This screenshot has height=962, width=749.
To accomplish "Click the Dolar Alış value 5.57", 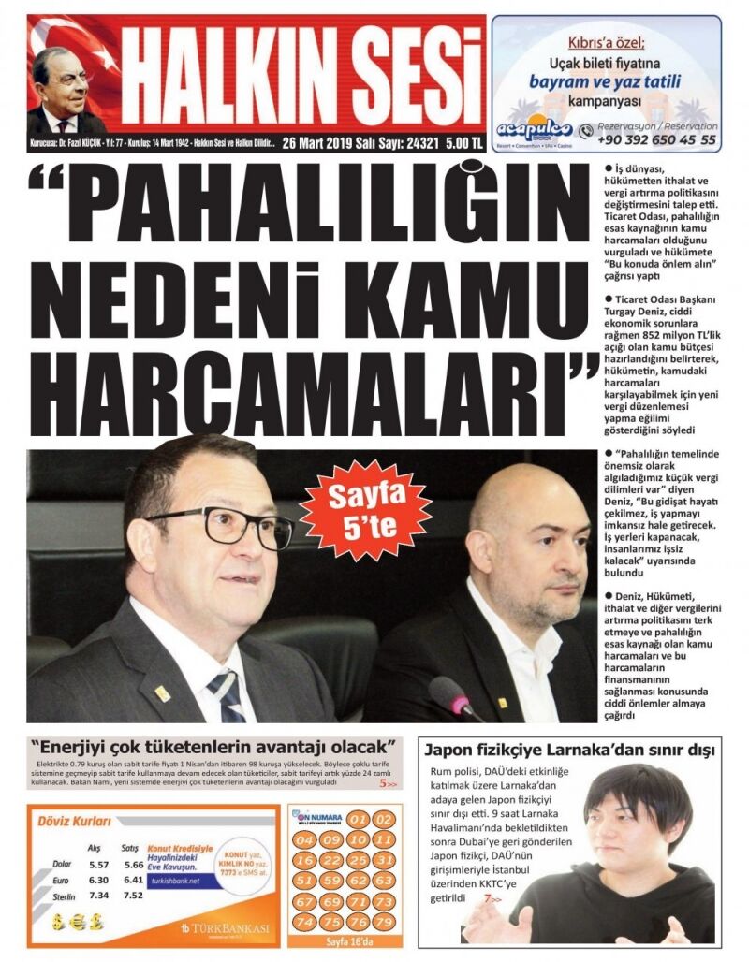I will click(98, 865).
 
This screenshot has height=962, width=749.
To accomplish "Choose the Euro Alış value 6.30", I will click(98, 880).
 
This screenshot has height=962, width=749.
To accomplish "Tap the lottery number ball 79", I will click(383, 922).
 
